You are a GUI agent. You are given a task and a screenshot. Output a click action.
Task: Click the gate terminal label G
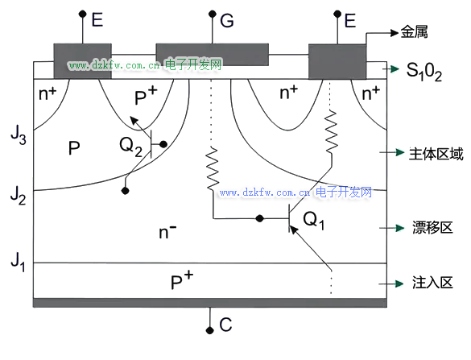227,21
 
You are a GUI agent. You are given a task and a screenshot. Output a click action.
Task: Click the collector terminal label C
225,325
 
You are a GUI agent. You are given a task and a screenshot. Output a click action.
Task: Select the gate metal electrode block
212,55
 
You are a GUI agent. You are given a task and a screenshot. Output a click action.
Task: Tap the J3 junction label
19,135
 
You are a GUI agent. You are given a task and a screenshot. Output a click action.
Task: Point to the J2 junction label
18,195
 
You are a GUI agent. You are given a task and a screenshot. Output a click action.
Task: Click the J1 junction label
18,262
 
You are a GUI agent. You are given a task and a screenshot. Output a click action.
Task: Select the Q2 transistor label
130,147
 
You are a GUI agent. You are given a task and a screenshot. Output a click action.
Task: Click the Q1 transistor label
314,220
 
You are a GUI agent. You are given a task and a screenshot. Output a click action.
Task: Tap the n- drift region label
167,232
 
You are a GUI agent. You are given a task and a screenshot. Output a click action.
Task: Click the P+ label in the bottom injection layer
182,280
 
